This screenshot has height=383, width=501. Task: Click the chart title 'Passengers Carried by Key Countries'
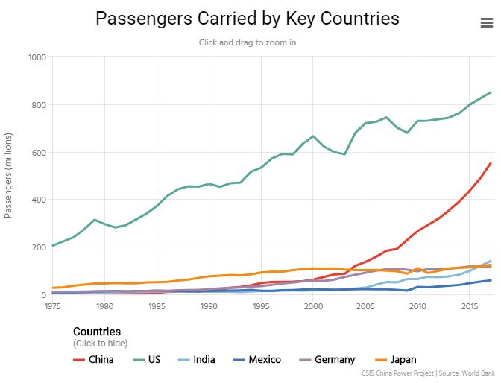tap(248, 19)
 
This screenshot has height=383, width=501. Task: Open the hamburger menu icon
tap(487, 23)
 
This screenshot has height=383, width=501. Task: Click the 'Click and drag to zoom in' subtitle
tap(248, 42)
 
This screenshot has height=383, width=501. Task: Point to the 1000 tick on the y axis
tap(37, 57)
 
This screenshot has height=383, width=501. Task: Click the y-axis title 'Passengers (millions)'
tap(9, 176)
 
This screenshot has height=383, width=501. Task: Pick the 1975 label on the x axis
tap(53, 306)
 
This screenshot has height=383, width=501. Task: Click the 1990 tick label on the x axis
tap(209, 306)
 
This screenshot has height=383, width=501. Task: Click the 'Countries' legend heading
tap(97, 331)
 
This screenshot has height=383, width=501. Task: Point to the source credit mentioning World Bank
tap(429, 373)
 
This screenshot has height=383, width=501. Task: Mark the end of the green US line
tap(491, 92)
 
